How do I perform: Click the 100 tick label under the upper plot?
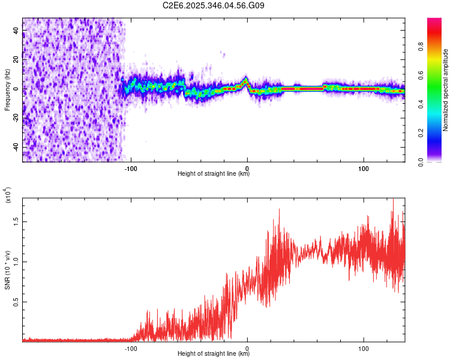click(364, 169)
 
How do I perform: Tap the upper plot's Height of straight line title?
click(214, 174)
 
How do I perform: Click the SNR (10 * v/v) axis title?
click(7, 269)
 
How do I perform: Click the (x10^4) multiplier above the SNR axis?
click(8, 195)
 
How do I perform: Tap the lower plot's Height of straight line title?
click(214, 354)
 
